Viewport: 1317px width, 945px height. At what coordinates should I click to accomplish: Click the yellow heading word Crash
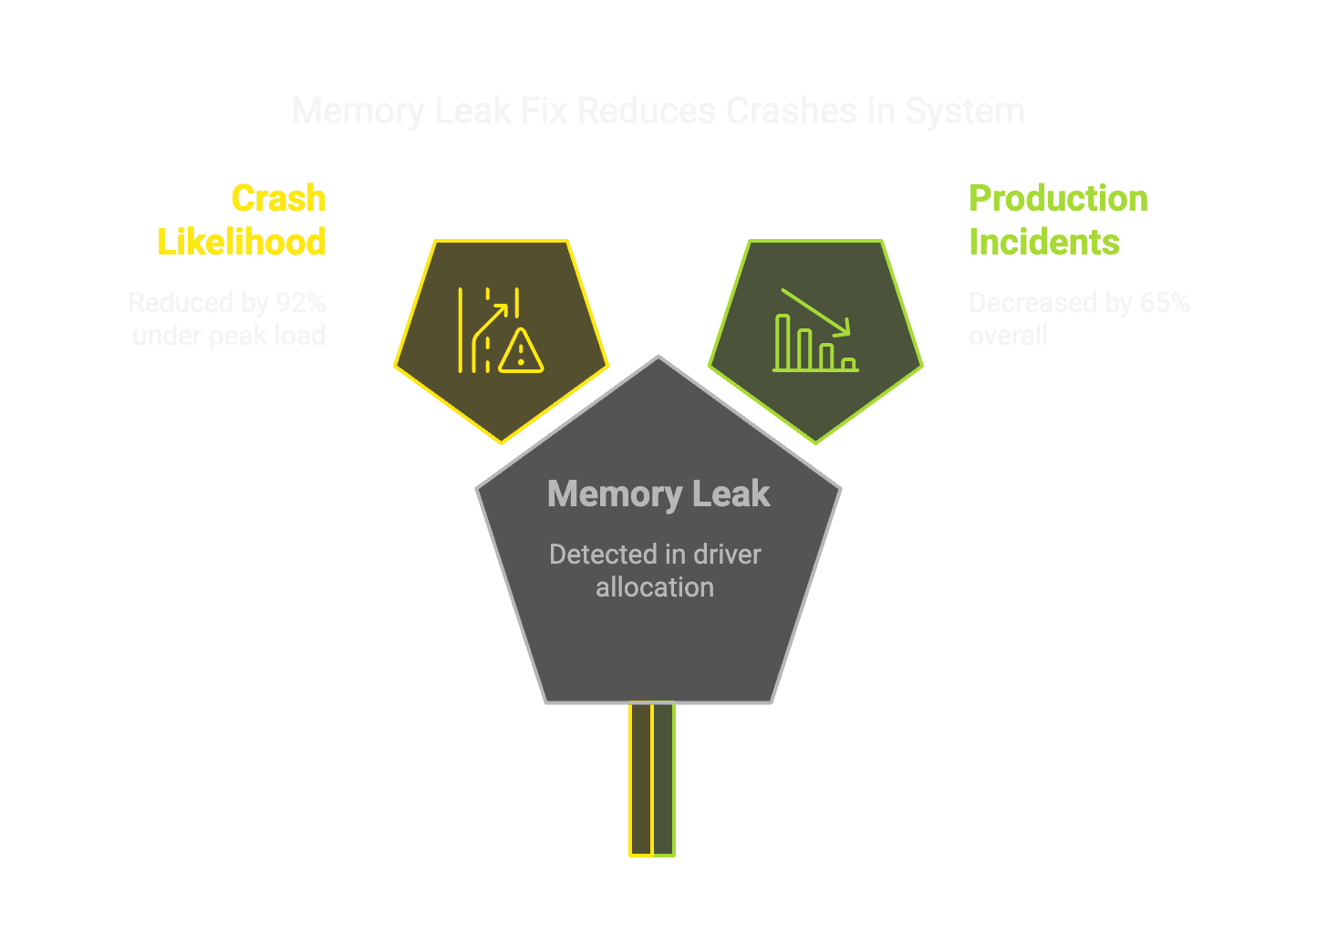(278, 198)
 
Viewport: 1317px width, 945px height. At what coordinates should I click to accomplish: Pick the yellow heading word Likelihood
(242, 242)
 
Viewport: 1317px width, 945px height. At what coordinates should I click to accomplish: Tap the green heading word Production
(1058, 198)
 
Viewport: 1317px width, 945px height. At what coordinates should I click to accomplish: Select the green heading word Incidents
(1043, 242)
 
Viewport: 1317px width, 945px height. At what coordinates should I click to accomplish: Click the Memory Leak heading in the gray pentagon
(658, 493)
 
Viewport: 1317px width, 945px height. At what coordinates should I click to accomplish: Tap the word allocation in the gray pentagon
(655, 587)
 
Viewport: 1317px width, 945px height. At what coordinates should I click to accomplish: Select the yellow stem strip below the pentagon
(641, 779)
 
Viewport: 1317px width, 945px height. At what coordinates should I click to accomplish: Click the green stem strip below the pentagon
(664, 779)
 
